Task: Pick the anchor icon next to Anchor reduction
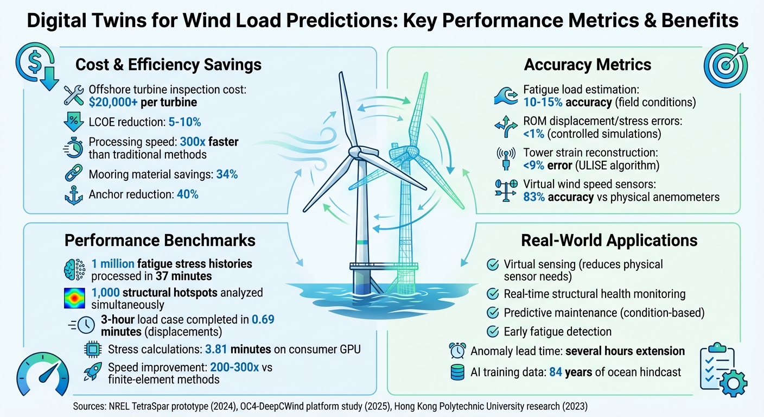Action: point(73,194)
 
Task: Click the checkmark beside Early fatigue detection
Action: point(493,331)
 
